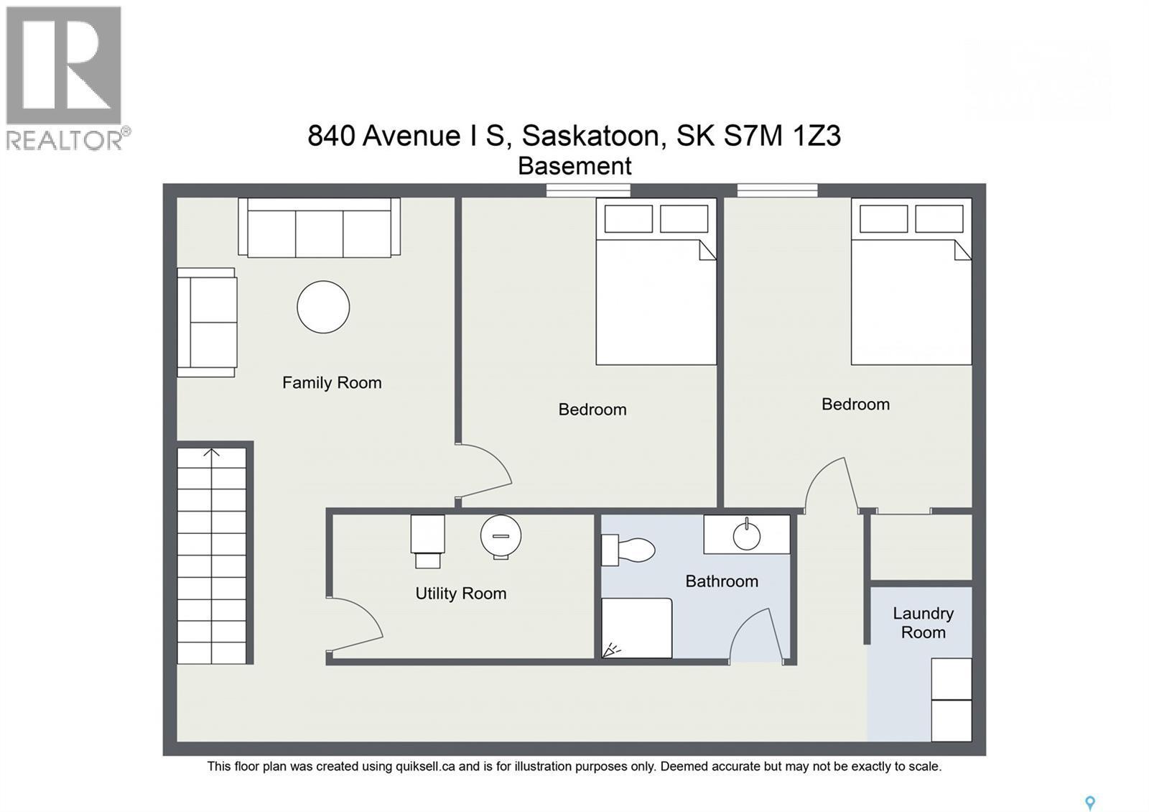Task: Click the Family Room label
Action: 332,383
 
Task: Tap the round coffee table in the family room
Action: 323,307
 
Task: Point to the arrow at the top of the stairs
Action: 211,453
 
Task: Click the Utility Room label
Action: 460,594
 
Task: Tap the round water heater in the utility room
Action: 501,536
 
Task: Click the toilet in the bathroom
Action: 628,550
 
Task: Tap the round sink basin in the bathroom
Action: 746,536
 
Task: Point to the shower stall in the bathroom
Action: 636,628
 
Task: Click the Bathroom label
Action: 722,581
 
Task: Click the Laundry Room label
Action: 923,623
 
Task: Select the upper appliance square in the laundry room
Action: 952,679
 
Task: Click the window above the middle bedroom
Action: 587,190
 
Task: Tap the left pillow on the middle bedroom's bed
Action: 628,219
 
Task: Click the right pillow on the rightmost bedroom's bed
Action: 939,219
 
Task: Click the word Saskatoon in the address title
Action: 590,135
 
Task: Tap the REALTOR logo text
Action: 65,139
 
